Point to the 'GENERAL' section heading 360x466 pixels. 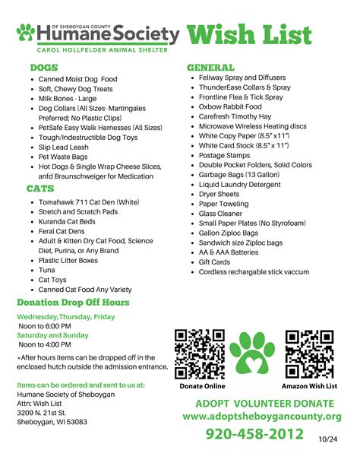[x=210, y=67]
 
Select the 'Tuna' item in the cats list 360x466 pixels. [x=47, y=270]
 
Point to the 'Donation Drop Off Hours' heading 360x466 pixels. [x=73, y=303]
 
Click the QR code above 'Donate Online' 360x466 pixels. [x=200, y=353]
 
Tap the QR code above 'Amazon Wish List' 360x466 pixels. [x=310, y=353]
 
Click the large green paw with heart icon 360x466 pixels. [x=254, y=353]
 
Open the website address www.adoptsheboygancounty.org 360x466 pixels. [x=262, y=417]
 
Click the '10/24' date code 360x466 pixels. [x=327, y=439]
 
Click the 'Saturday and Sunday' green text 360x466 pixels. [x=53, y=334]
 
